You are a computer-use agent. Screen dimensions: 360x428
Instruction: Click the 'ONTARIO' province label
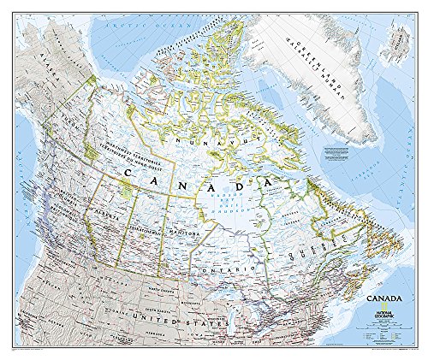tap(219, 269)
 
